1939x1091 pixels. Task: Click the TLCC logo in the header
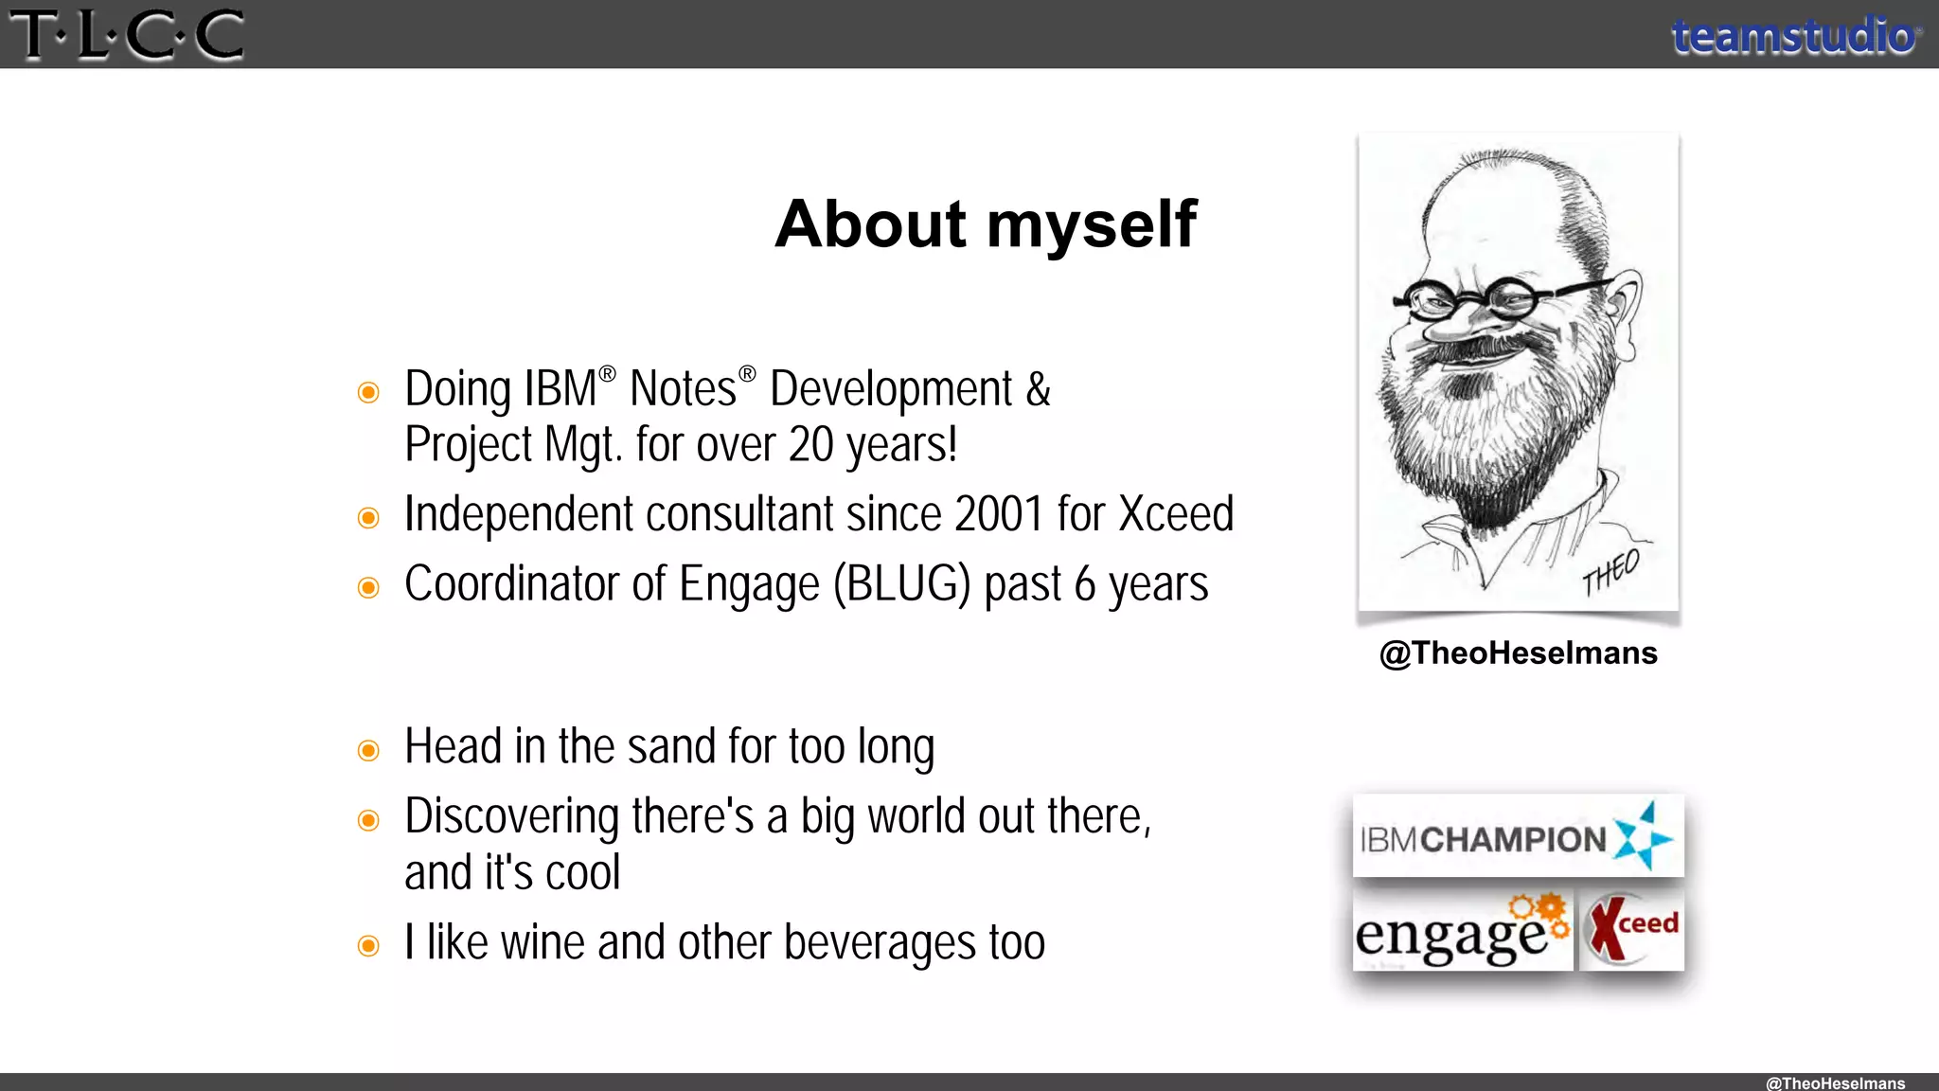click(126, 34)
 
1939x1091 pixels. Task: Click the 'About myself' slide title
click(986, 224)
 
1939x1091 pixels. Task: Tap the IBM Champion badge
click(1518, 837)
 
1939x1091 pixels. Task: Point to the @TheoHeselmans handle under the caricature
click(1518, 653)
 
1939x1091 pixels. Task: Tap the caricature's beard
click(1477, 426)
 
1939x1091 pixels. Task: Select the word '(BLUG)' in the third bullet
click(901, 584)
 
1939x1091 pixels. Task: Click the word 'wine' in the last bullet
click(543, 943)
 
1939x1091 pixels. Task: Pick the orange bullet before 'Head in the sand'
click(368, 751)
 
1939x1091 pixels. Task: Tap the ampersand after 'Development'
click(1038, 389)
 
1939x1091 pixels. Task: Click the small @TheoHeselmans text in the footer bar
click(1834, 1082)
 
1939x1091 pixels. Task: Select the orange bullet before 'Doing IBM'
click(368, 392)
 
